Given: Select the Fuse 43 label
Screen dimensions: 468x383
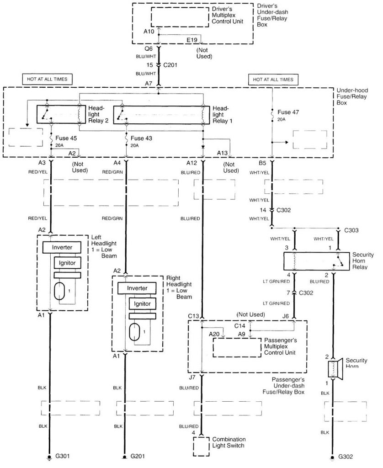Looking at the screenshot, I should (x=142, y=137).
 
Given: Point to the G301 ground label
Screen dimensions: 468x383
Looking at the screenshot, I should (x=63, y=456).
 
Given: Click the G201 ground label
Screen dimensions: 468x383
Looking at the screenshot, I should (x=138, y=456).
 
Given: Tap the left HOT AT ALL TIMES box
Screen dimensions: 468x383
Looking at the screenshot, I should (x=47, y=80).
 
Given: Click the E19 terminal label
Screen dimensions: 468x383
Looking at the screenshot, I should (x=191, y=40).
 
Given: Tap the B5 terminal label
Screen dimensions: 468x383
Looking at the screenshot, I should (x=263, y=162).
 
